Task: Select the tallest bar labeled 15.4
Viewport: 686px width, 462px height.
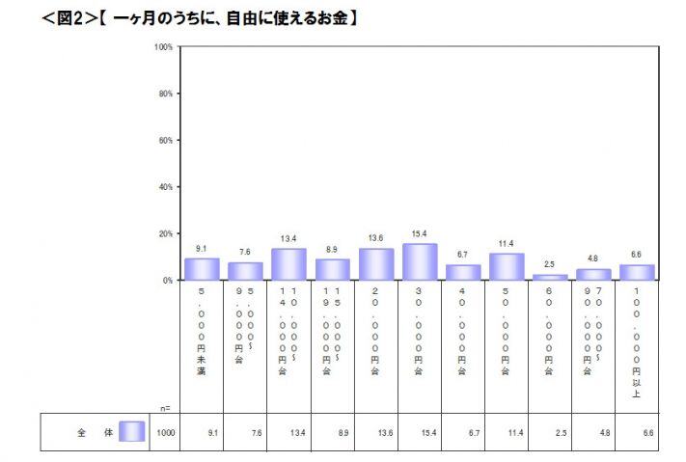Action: tap(420, 261)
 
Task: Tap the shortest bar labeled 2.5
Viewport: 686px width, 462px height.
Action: tap(550, 277)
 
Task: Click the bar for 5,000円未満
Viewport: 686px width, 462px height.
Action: tap(202, 269)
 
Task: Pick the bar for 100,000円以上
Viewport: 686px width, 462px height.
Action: tap(637, 272)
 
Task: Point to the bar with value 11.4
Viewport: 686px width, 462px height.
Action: tap(507, 266)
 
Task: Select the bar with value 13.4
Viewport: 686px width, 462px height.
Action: tap(288, 264)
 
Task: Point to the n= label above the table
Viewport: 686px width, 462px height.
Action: tap(166, 408)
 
